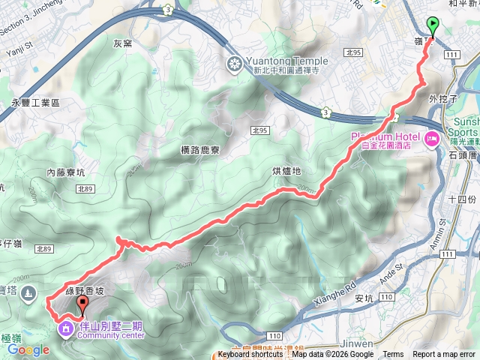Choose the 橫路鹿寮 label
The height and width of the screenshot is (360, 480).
[200, 150]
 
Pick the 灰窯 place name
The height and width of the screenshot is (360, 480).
[122, 43]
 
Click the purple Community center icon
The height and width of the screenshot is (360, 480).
[65, 328]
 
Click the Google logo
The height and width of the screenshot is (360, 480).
[28, 349]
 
